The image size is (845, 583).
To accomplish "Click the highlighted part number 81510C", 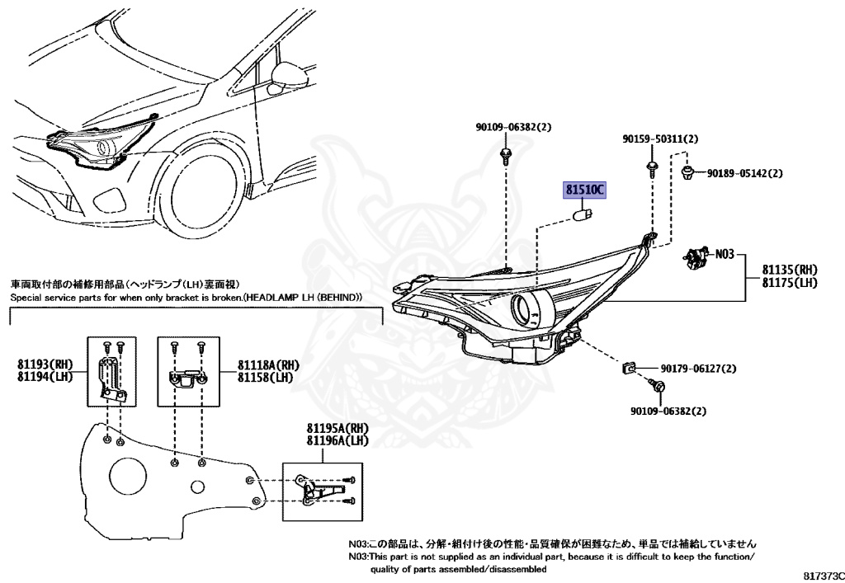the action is click(x=585, y=190).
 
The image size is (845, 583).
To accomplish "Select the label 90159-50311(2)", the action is click(x=660, y=139).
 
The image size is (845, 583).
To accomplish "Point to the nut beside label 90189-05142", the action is click(x=687, y=173).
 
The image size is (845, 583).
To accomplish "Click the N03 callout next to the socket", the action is click(x=725, y=253).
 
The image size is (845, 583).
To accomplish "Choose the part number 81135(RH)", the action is click(x=790, y=270).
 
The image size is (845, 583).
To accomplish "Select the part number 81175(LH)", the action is click(x=790, y=283).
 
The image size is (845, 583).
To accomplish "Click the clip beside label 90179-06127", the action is click(x=627, y=369).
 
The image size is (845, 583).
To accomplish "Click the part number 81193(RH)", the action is click(x=45, y=364).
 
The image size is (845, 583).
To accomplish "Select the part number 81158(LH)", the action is click(x=265, y=378).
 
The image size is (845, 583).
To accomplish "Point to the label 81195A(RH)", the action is click(x=338, y=429).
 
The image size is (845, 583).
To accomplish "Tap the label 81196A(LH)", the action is click(x=338, y=441).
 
